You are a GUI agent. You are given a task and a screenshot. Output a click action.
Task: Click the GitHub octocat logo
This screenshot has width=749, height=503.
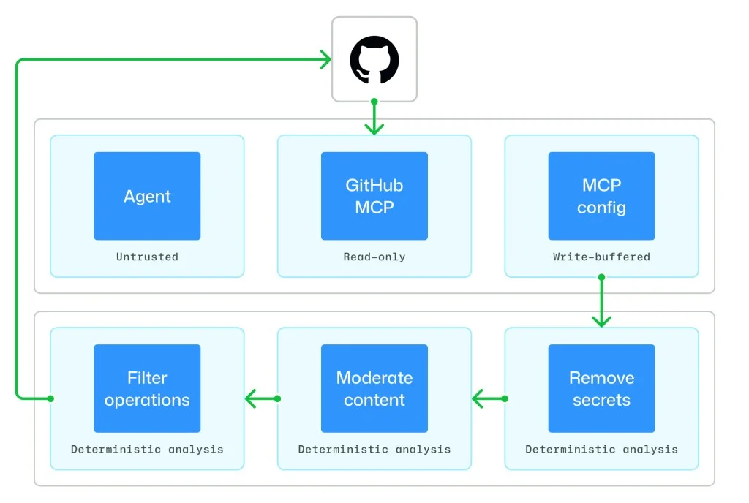374,60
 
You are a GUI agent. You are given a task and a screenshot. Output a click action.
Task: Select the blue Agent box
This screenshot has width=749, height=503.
147,196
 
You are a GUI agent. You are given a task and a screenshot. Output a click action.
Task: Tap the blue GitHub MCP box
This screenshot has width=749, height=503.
374,196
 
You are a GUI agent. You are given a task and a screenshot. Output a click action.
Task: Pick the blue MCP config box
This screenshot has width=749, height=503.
601,196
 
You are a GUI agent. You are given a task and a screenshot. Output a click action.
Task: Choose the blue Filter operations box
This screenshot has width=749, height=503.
147,388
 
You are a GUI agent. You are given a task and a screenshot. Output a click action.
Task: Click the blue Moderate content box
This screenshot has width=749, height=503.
374,388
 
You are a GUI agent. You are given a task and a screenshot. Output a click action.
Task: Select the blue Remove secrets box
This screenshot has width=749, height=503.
601,388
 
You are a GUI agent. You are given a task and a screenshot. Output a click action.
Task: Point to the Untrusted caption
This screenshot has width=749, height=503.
147,257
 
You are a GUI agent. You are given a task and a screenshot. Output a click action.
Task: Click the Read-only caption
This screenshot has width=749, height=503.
374,257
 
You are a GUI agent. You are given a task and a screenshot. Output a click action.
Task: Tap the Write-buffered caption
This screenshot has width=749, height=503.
601,257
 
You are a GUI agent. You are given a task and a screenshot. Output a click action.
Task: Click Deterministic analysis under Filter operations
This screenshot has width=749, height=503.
147,449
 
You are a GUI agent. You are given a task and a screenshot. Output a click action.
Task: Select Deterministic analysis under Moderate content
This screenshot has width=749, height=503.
374,449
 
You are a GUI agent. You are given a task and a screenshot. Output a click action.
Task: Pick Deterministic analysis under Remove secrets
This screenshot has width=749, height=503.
601,449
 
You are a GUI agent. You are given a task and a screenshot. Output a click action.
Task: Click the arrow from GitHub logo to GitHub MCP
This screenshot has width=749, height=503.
374,118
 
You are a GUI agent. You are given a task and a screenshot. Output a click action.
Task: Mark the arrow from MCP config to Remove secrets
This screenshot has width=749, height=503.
601,302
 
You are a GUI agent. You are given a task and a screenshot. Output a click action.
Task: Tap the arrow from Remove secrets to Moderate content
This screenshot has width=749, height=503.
489,398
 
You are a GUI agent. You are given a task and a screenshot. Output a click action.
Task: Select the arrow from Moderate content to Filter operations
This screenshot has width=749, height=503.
261,398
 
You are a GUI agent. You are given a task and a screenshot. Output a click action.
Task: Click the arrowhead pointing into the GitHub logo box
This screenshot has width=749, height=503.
325,60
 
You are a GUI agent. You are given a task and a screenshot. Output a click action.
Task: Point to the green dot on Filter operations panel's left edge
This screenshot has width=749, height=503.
50,398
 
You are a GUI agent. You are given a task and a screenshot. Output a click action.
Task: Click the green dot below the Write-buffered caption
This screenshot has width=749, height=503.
601,278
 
